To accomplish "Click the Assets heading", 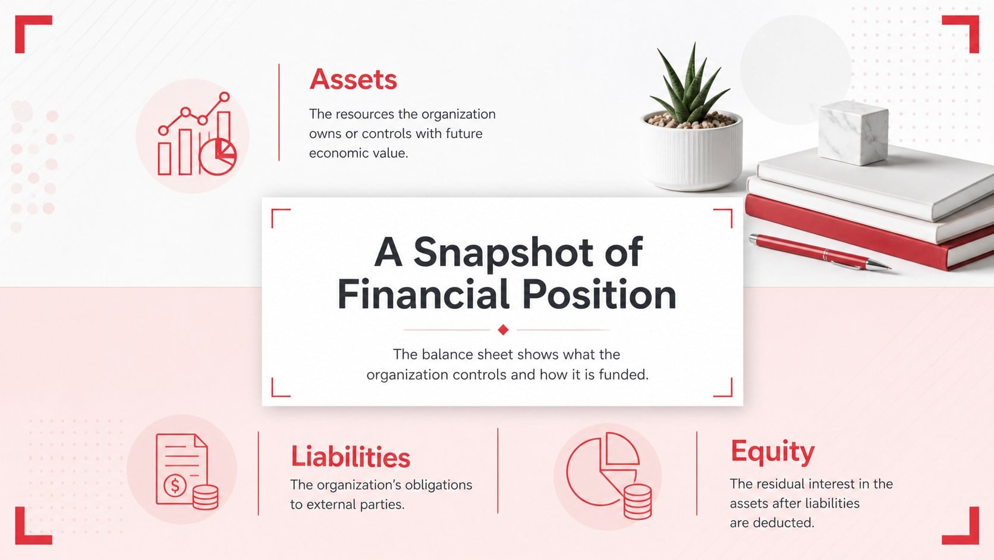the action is point(353,80).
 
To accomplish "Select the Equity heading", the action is point(773,452).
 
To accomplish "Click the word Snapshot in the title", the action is point(503,252).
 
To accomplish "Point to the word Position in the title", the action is point(599,295).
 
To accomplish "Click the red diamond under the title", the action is point(503,330).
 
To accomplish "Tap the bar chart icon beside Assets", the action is point(197,134).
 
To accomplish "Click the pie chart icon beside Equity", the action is point(609,475).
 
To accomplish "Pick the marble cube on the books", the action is point(853,132).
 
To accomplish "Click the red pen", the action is point(819,252).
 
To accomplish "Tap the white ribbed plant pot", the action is point(692,151).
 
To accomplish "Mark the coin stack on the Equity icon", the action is point(638,502).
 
